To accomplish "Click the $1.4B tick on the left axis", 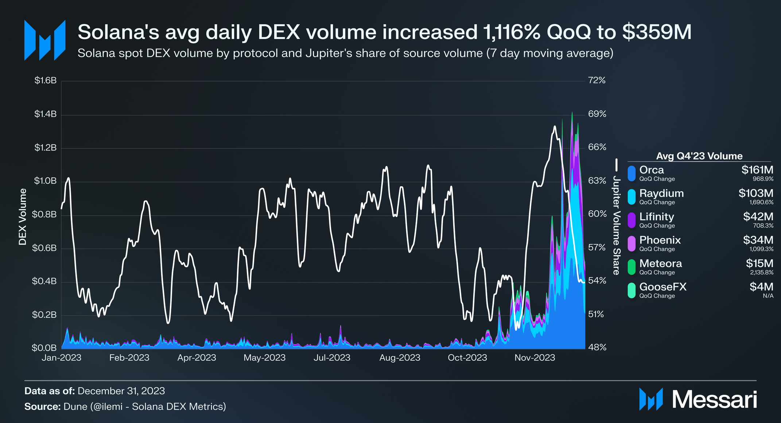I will point(45,114).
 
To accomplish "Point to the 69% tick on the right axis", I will point(597,114).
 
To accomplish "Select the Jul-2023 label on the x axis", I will point(332,358).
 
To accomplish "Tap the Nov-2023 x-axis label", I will point(535,358).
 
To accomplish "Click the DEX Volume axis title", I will point(23,217).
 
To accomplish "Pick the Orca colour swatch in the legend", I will point(632,173).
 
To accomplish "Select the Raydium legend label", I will point(661,193).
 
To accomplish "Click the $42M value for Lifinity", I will point(758,217).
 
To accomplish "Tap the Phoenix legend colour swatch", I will point(632,244).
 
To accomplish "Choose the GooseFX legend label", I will point(663,287).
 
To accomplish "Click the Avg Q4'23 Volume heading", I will point(699,156).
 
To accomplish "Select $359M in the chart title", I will point(657,32).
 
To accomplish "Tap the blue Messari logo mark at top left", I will point(44,40).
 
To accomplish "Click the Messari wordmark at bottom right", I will point(714,400).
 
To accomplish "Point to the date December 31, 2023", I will point(121,391).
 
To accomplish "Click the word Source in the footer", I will point(42,407).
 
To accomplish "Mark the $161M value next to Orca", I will point(757,170).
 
